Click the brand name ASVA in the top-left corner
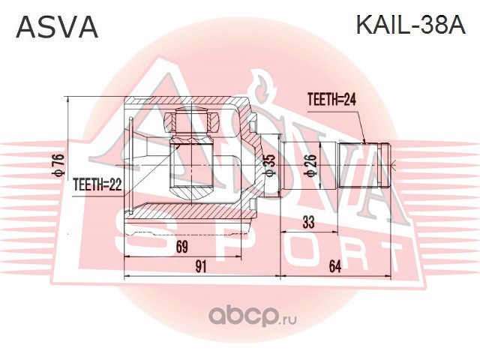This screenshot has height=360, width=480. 57,27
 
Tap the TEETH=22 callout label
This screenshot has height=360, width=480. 97,184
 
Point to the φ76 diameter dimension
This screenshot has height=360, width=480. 58,165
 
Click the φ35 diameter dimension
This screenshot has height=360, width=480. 271,165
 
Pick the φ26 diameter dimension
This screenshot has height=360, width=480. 310,165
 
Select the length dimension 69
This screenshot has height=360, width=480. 181,247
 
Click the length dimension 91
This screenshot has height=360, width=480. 200,266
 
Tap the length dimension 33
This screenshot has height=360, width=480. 308,222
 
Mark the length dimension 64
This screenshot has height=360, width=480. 335,266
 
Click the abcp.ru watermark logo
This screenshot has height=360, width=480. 253,316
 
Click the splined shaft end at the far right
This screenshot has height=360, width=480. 364,165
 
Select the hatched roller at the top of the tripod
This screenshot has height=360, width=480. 191,121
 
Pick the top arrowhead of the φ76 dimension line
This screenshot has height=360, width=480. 69,99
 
